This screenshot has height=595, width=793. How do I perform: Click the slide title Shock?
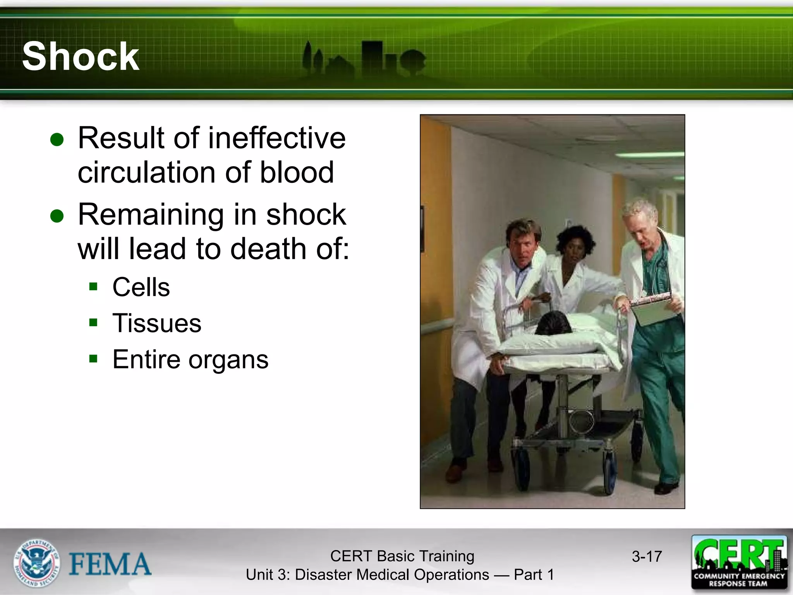(81, 57)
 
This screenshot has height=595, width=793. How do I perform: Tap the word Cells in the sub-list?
(141, 287)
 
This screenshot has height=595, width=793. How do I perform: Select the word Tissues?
(157, 323)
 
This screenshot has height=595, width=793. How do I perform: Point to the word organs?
(228, 360)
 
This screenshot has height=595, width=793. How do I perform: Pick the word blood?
(297, 172)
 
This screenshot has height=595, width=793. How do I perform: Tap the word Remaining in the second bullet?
(151, 214)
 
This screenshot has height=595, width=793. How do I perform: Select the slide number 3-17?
(647, 557)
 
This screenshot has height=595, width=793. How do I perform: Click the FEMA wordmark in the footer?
(110, 564)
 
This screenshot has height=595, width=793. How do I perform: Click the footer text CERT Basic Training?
(402, 556)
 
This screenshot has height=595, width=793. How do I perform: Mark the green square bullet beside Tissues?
(93, 322)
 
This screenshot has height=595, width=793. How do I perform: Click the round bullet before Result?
(57, 139)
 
